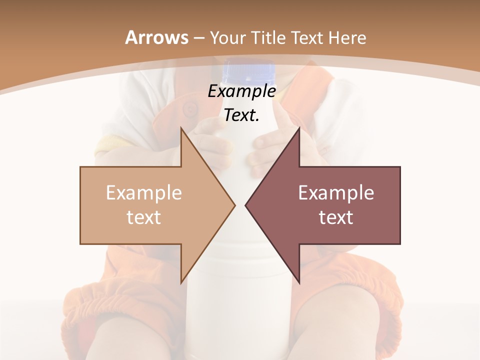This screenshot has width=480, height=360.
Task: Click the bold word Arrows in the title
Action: tap(156, 37)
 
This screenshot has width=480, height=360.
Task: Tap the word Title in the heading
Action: tap(268, 37)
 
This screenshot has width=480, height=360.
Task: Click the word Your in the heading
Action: tap(227, 37)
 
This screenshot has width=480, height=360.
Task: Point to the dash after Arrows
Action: tap(198, 38)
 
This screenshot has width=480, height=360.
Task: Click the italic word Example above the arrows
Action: tap(241, 91)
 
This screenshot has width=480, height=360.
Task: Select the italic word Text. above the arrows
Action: tap(241, 115)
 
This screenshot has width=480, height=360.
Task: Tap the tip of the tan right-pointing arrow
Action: tap(234, 205)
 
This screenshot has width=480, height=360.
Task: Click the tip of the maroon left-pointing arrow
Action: tap(245, 205)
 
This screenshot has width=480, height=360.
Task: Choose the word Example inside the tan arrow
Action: tap(144, 193)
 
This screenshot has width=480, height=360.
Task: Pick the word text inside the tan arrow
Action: tap(144, 217)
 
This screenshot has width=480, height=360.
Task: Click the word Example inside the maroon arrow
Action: tap(336, 193)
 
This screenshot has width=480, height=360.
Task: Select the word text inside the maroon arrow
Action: tap(336, 217)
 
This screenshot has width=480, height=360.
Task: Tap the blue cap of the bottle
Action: tap(248, 72)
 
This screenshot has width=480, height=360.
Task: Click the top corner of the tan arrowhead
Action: tap(181, 128)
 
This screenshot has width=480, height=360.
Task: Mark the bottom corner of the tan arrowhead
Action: tap(181, 283)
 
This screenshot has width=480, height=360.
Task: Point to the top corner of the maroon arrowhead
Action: tap(299, 128)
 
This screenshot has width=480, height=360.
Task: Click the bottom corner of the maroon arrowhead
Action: tap(299, 283)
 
